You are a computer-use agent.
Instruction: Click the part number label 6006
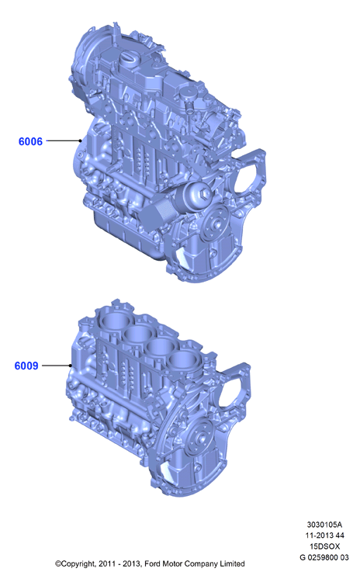coord(30,141)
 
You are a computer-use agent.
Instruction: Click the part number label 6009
coord(26,366)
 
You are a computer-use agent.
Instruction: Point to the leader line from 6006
coord(64,140)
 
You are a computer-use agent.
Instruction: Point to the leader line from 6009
coord(57,366)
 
